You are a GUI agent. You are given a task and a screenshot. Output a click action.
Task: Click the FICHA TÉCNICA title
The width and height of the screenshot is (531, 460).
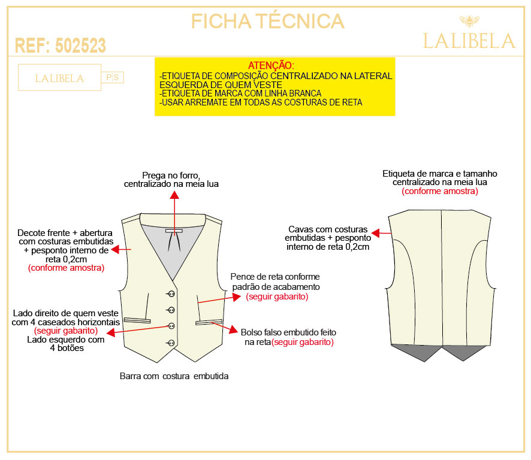pyautogui.click(x=267, y=21)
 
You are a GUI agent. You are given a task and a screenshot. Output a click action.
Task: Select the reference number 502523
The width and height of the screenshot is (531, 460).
pyautogui.click(x=80, y=46)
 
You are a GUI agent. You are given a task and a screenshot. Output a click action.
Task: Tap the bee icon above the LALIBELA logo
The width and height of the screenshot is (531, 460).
pyautogui.click(x=469, y=21)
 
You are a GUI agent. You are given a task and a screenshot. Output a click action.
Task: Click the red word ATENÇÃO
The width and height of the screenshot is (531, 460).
pyautogui.click(x=271, y=65)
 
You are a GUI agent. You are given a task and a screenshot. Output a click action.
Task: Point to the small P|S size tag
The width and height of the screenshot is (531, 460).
pyautogui.click(x=113, y=77)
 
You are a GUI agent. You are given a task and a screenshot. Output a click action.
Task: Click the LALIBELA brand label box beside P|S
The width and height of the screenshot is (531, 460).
pyautogui.click(x=59, y=77)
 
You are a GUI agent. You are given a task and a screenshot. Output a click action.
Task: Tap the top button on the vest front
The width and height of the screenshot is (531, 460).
pyautogui.click(x=171, y=294)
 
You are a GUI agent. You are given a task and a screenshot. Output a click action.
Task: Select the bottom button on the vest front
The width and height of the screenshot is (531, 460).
pyautogui.click(x=171, y=343)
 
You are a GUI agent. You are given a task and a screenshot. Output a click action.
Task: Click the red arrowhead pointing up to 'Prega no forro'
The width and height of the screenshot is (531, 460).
pyautogui.click(x=174, y=195)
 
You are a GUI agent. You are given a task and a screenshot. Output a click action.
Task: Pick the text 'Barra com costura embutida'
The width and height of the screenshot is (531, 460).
pyautogui.click(x=174, y=376)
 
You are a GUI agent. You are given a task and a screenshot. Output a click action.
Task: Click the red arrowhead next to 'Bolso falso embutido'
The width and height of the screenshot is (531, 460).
pyautogui.click(x=233, y=329)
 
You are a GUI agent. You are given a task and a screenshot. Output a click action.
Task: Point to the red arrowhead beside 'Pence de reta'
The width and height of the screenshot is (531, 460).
pyautogui.click(x=237, y=297)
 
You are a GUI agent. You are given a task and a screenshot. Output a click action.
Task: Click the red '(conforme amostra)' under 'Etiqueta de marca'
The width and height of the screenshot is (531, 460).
pyautogui.click(x=440, y=191)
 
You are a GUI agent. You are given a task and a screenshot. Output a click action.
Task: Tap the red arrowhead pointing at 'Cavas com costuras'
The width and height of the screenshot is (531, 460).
pyautogui.click(x=376, y=233)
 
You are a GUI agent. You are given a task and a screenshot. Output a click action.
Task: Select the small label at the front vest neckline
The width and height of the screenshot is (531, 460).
pyautogui.click(x=174, y=231)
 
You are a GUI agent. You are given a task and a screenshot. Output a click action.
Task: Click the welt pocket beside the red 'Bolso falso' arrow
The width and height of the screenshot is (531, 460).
pyautogui.click(x=209, y=322)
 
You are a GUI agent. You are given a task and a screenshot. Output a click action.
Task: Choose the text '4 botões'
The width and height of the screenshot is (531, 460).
pyautogui.click(x=67, y=348)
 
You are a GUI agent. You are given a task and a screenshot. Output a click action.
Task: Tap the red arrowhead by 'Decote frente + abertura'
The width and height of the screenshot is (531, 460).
pyautogui.click(x=116, y=249)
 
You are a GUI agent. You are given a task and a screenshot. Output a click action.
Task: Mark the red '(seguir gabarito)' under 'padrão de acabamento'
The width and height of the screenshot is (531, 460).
pyautogui.click(x=277, y=297)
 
